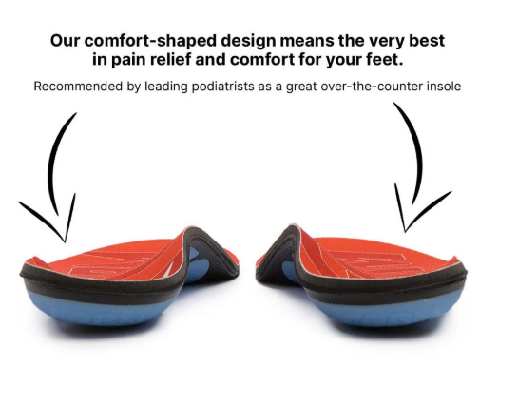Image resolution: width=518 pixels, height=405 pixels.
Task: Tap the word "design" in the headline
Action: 248,42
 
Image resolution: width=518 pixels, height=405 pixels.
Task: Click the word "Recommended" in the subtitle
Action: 78,87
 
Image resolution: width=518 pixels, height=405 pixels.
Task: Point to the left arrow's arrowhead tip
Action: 65,242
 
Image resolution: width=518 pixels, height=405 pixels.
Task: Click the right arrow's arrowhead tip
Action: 405,232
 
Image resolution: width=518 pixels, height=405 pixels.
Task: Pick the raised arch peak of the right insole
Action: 293,227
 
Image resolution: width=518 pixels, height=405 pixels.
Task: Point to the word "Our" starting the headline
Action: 66,41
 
